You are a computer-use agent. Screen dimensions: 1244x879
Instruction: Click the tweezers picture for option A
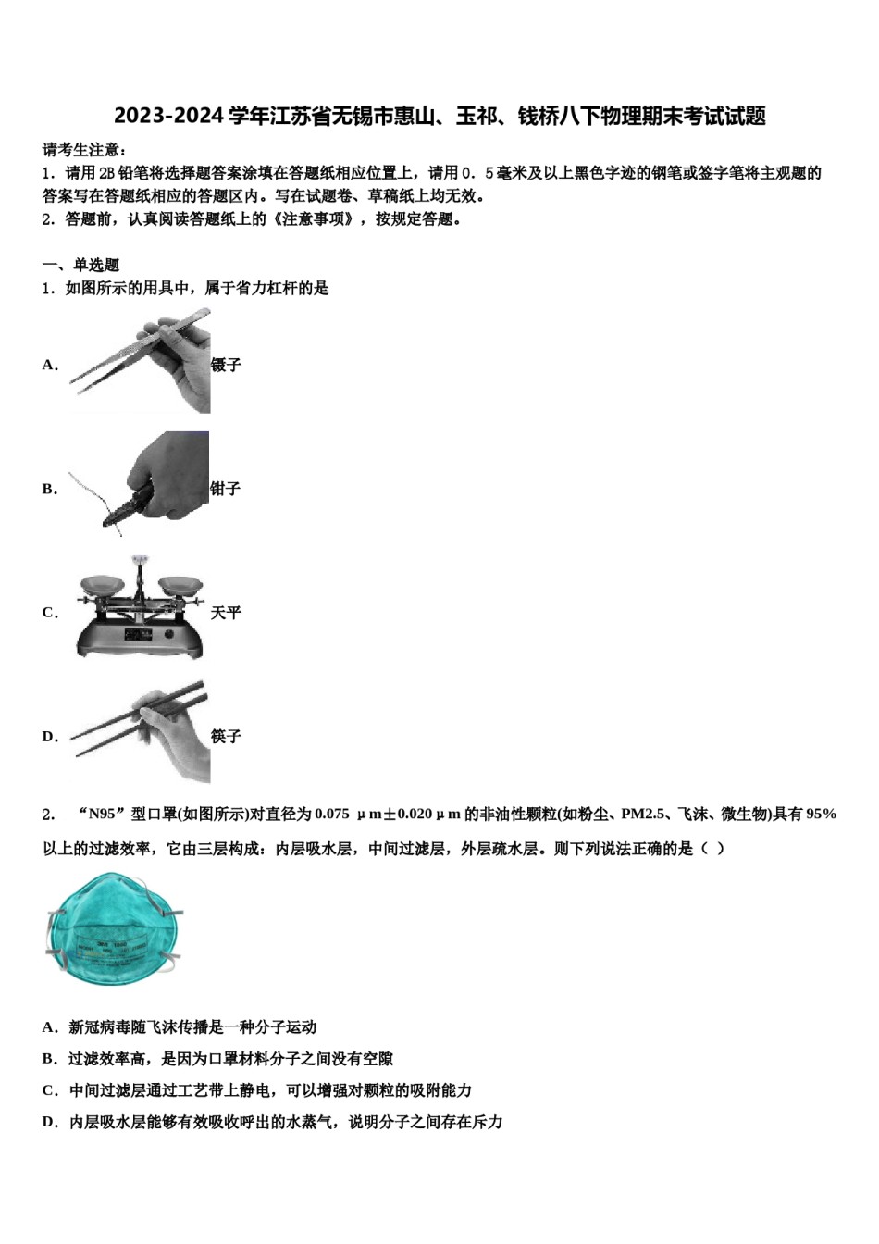coord(143,362)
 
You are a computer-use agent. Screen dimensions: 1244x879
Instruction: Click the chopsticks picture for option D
coord(143,732)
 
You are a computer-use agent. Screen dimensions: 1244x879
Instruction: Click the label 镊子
coord(226,365)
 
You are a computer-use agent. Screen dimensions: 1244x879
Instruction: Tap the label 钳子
coord(225,489)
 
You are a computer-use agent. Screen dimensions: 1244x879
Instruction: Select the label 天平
coord(226,613)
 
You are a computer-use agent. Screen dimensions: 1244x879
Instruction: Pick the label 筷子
coord(226,737)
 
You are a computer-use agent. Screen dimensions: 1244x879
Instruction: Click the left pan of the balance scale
coord(102,585)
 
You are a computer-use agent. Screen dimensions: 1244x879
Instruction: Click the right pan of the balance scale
coord(180,585)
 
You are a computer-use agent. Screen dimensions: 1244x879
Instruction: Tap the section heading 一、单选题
coord(80,265)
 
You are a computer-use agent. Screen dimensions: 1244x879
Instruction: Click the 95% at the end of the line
coord(822,815)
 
